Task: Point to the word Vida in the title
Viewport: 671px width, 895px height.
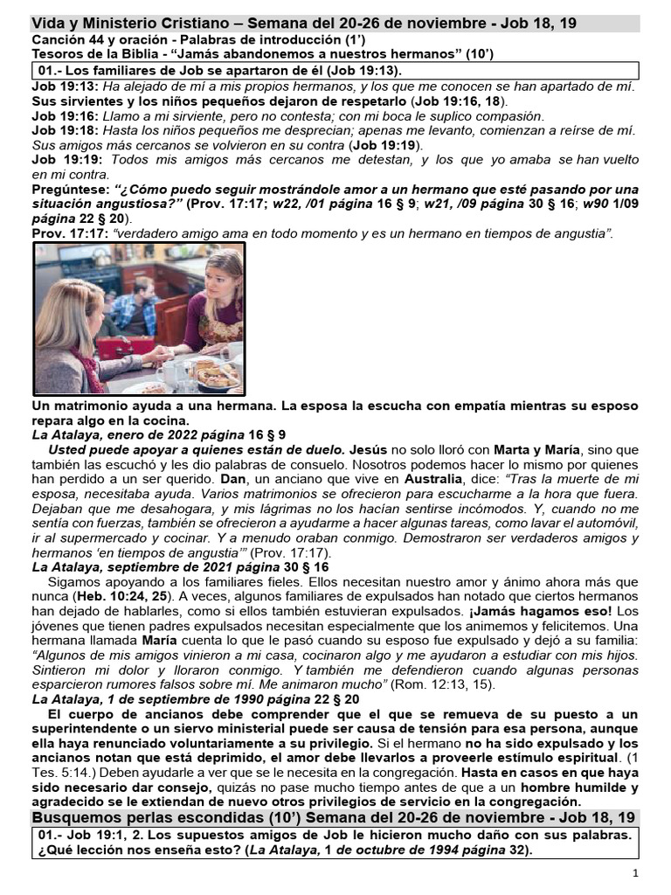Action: [50, 24]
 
